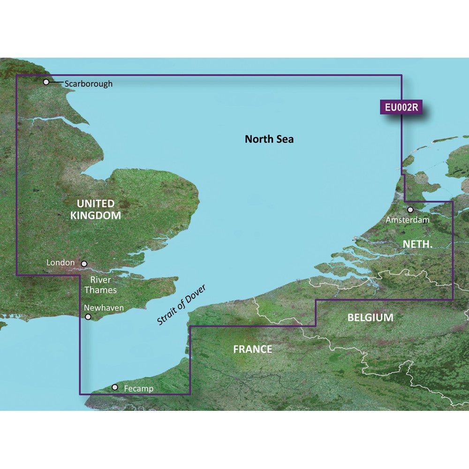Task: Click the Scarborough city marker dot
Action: pos(46,82)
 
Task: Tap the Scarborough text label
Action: pos(89,84)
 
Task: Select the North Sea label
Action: pos(269,139)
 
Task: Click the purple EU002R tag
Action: pos(401,107)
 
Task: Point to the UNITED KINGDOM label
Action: pos(96,210)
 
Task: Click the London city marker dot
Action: pos(84,264)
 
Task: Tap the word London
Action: pos(61,263)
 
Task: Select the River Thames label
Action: pos(101,285)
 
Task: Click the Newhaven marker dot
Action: pos(88,318)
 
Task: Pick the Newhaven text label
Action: pos(104,308)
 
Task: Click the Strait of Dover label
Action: pos(182,305)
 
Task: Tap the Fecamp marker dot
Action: pos(115,387)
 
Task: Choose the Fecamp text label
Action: pos(139,389)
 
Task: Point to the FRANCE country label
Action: pos(253,349)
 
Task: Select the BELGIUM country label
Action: pos(370,318)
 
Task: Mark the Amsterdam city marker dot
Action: pos(410,210)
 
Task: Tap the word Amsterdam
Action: pos(407,219)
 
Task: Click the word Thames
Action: pos(101,290)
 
